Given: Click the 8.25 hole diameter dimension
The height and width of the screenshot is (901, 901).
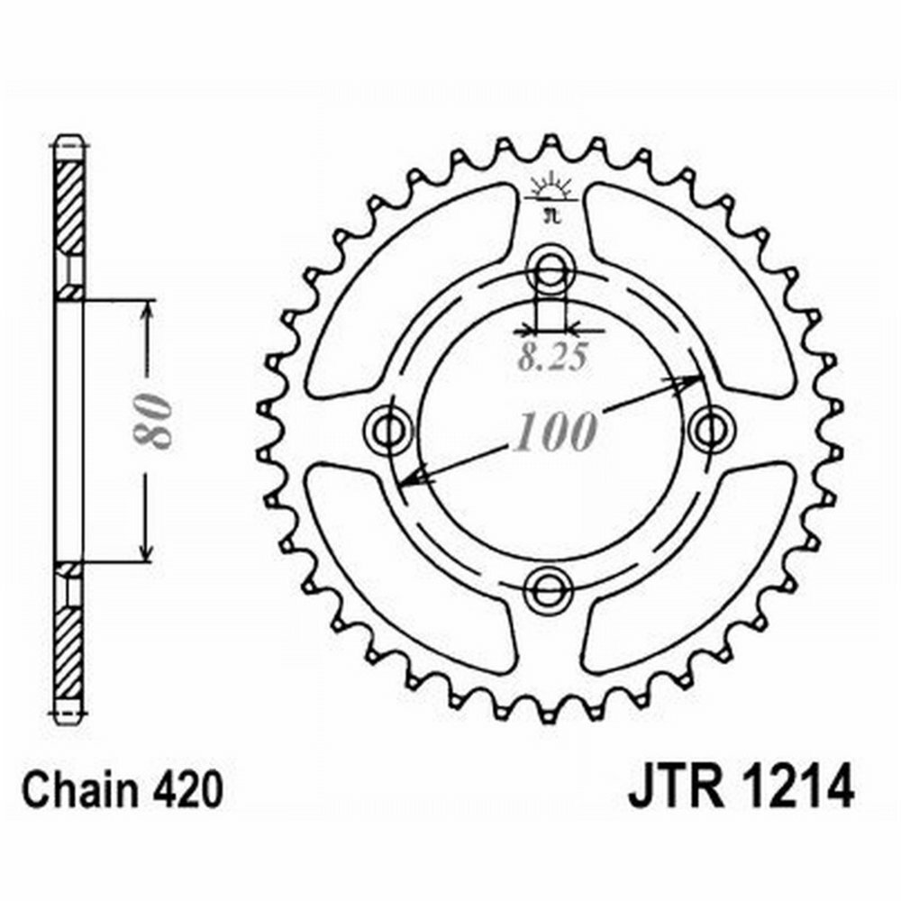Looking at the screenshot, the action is pos(553,358).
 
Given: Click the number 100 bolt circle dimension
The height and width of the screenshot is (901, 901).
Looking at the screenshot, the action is pos(554,432).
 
